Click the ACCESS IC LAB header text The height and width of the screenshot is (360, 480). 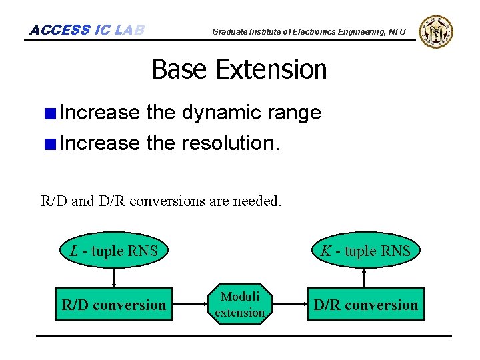(x=87, y=30)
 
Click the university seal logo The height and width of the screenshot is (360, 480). (x=437, y=31)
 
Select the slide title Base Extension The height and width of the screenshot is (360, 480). (x=239, y=69)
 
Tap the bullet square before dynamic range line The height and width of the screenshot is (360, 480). (x=50, y=113)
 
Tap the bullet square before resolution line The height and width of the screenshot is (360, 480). (x=50, y=143)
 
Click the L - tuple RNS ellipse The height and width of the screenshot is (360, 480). (x=114, y=251)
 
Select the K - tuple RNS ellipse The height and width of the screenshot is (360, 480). (x=365, y=251)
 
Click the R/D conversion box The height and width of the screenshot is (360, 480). (x=114, y=305)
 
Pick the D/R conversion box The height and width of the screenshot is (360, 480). (x=365, y=305)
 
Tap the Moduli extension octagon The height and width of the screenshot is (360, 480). (x=240, y=305)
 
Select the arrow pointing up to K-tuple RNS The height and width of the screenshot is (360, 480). (x=365, y=277)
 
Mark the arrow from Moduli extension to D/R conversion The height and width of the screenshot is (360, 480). (x=287, y=305)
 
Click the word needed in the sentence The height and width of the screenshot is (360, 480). (x=258, y=200)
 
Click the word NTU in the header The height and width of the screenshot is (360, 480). (x=397, y=32)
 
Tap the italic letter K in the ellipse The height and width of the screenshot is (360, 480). (x=326, y=251)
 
